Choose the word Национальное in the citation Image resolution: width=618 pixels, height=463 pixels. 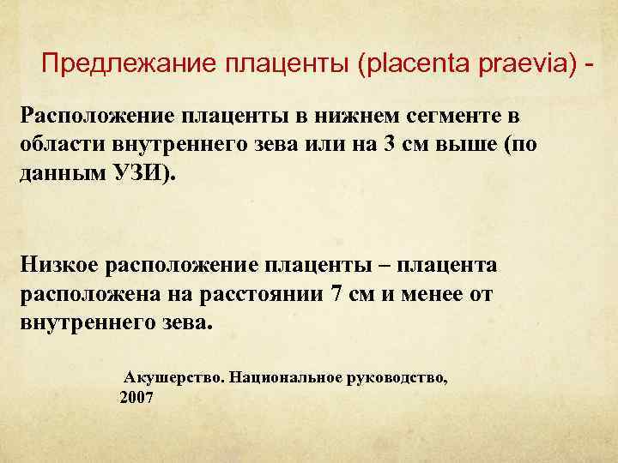(x=283, y=377)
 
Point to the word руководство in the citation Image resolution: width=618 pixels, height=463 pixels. (x=396, y=377)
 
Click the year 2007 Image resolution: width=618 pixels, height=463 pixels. (x=137, y=398)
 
